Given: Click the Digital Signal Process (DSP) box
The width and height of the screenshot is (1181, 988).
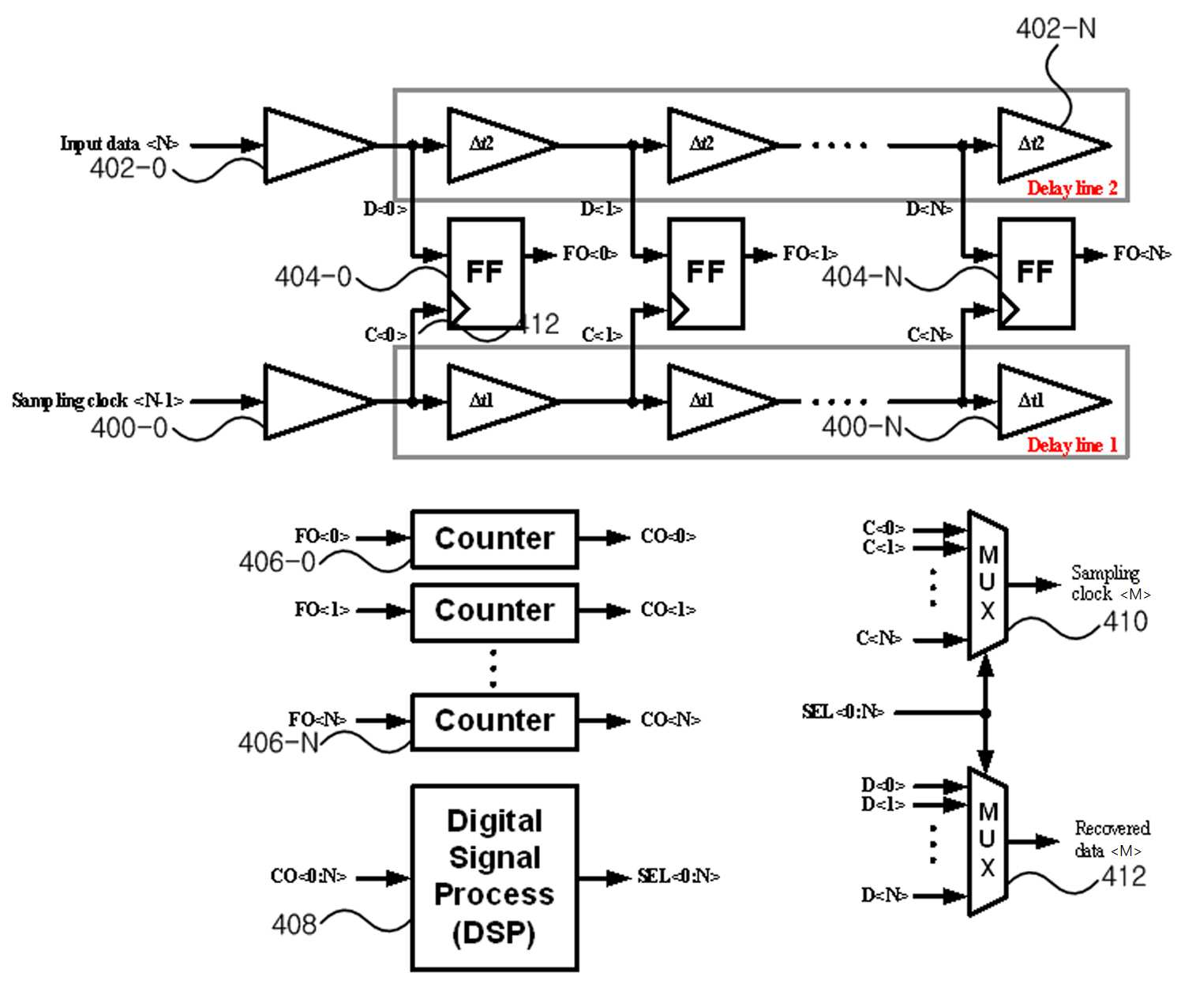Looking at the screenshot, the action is coord(494,877).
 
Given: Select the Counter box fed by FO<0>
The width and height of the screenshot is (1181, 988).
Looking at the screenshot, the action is coord(494,539).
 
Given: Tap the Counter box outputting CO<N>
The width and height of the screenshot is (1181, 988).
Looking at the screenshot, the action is coord(494,722).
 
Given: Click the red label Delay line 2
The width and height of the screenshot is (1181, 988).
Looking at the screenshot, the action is coord(1072,188).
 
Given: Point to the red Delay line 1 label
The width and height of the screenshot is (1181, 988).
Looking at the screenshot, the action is coord(1072,445).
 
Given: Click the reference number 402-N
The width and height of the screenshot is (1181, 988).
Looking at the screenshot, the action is coord(1055,28).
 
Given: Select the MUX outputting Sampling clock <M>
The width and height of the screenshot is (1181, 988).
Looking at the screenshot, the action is coord(988,584).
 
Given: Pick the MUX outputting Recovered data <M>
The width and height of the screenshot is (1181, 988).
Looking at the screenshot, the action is coord(988,841).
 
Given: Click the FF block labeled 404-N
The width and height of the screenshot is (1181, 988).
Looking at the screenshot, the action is coord(1037,273).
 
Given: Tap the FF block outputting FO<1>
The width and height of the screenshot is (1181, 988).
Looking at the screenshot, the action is coord(706,273).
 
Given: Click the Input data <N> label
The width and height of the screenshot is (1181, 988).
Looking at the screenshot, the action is coord(119,144).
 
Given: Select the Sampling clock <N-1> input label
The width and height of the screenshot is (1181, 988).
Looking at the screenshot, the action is coord(98,400).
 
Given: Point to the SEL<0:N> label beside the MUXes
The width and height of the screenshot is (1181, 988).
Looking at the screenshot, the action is coord(843,712).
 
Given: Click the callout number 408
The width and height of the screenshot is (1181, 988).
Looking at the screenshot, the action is coord(294,925).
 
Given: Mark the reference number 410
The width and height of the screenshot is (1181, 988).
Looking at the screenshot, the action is coord(1125,622).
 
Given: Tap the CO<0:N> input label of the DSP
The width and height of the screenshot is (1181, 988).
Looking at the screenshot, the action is coord(308,876).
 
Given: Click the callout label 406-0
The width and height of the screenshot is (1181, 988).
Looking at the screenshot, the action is coord(276,562).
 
